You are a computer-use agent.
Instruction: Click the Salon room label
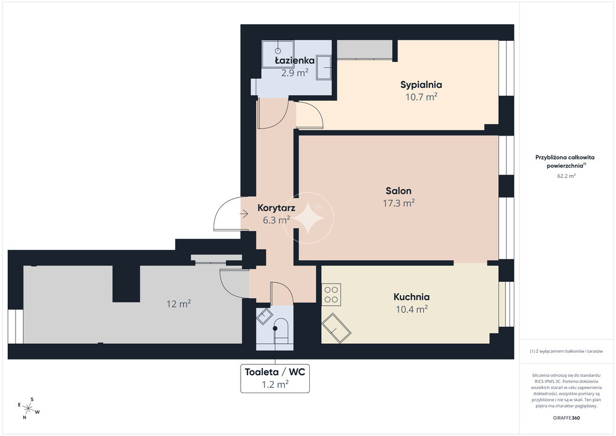click(x=398, y=191)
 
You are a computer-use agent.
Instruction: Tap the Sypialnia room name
click(x=420, y=84)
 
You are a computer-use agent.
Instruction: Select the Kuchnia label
click(x=411, y=297)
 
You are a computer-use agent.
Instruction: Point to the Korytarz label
click(x=276, y=208)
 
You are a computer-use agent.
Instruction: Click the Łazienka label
click(x=295, y=60)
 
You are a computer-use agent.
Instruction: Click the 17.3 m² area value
click(x=399, y=203)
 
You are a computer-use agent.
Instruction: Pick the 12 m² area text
click(x=179, y=304)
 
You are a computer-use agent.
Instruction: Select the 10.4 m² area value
click(x=411, y=309)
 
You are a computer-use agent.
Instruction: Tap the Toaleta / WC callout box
click(x=275, y=378)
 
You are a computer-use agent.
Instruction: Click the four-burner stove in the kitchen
click(x=331, y=294)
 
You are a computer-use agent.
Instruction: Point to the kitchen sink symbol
click(x=336, y=328)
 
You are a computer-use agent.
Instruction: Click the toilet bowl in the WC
click(x=281, y=329)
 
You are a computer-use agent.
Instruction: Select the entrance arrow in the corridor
click(x=244, y=214)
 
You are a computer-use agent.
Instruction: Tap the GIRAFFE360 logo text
click(x=566, y=418)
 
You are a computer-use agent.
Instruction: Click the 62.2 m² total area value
click(x=566, y=176)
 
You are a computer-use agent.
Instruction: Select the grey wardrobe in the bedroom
click(x=365, y=49)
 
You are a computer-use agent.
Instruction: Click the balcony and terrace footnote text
click(x=566, y=351)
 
